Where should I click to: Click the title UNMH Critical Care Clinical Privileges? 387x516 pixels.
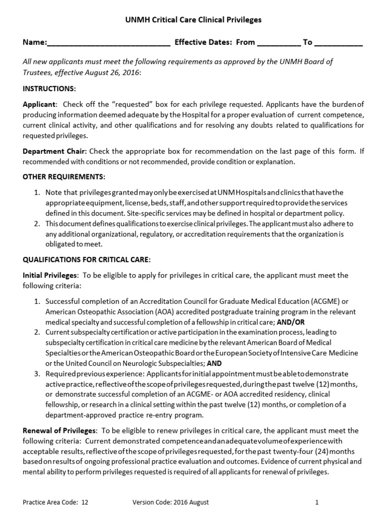click(x=193, y=20)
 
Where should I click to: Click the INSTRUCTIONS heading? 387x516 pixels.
click(x=49, y=89)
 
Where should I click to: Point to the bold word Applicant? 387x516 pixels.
click(x=39, y=105)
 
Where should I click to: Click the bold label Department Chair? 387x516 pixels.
click(x=55, y=152)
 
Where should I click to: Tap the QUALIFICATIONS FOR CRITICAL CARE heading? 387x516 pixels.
click(x=86, y=260)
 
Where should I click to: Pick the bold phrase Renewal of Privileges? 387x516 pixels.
click(x=59, y=431)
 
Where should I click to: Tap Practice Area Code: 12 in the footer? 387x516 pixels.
click(x=55, y=502)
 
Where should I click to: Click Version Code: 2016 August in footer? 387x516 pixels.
click(x=170, y=502)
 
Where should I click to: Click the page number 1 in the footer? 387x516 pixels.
click(x=317, y=502)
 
